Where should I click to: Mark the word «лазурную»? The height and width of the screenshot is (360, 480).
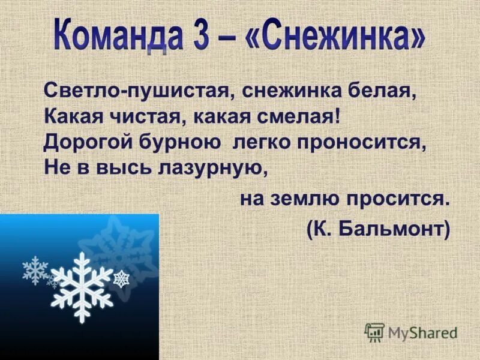206,167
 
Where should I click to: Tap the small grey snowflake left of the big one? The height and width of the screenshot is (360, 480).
35,270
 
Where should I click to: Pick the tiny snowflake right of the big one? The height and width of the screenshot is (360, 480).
122,278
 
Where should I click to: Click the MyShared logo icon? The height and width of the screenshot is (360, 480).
375,331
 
